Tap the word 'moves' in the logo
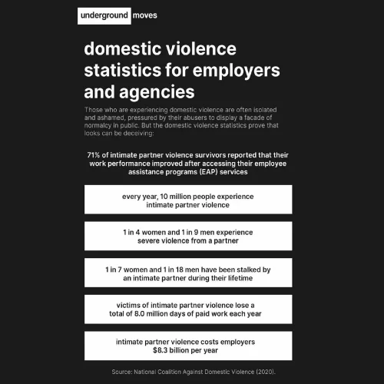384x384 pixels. coord(146,15)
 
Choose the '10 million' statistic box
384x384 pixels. coord(187,200)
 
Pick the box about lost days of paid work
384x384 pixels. coord(187,310)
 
